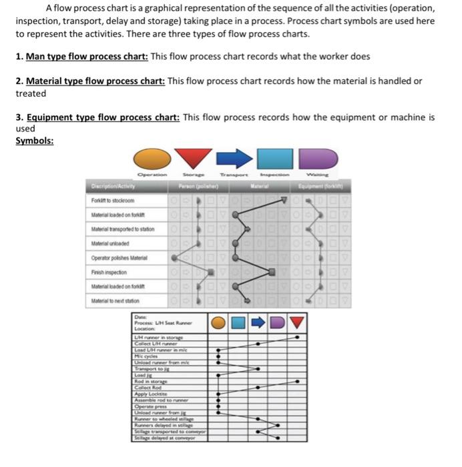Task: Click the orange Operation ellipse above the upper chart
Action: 152,159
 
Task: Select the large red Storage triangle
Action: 195,158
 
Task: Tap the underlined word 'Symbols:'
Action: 35,141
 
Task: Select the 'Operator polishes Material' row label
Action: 119,257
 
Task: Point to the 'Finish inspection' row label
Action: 109,272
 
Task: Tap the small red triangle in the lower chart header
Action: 298,323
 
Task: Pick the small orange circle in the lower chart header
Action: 218,323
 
